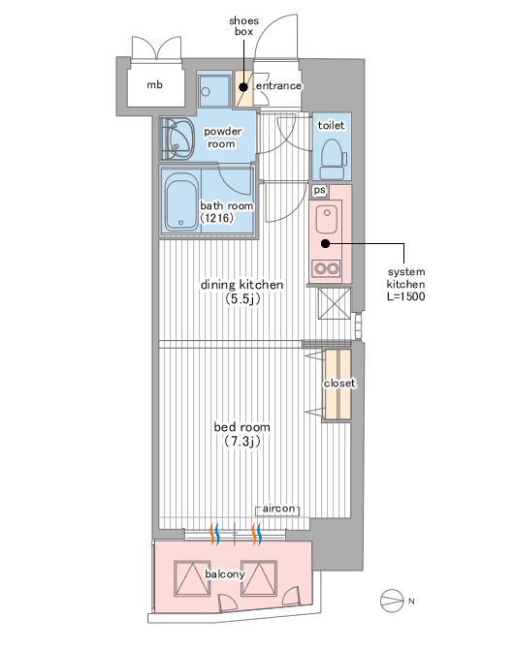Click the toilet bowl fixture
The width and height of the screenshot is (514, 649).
coord(334,159)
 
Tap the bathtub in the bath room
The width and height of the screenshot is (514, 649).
coord(181,201)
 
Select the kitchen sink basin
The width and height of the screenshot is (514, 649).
coord(328,219)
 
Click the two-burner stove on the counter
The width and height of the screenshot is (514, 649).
coord(327,268)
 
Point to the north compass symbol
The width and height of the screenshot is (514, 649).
coord(392,601)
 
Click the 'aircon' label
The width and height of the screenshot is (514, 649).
coord(279,509)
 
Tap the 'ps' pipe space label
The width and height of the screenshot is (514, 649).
coord(320,190)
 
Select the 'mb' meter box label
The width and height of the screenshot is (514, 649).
coord(154,85)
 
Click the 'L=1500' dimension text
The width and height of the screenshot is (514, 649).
coord(405,296)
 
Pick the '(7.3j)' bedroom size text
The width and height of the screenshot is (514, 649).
coord(242,441)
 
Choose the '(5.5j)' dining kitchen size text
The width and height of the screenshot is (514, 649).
coord(242,299)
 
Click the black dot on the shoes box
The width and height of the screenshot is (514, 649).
coord(243,87)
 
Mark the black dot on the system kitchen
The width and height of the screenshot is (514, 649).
coord(326,244)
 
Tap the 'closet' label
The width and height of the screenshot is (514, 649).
coord(339,384)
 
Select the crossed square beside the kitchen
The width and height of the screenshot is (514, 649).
coord(334,304)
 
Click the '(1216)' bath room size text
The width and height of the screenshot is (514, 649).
coord(217,218)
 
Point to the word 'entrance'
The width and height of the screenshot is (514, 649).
coord(278,85)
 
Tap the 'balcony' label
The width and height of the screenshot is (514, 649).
coord(225,574)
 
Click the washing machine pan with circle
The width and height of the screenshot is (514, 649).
coord(214,91)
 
